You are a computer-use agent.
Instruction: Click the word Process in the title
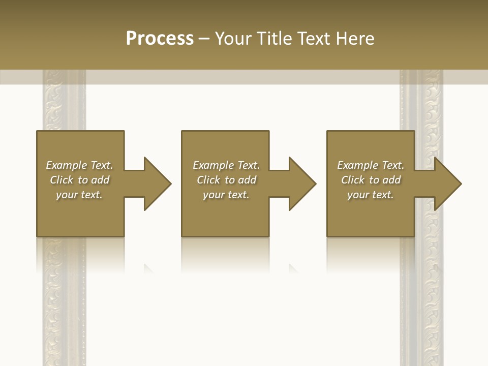(x=160, y=39)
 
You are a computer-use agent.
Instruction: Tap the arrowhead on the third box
(x=447, y=184)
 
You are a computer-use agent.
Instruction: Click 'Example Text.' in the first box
(x=79, y=165)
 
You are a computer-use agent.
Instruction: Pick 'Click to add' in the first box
(x=79, y=180)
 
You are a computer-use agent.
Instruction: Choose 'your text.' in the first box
(x=79, y=195)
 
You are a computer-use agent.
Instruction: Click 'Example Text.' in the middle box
(x=226, y=165)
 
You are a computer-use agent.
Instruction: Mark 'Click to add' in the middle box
(x=226, y=180)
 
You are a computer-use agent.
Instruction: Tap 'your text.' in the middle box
(x=226, y=195)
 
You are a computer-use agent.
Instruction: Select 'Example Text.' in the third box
(x=371, y=165)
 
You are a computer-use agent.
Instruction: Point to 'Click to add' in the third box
(x=371, y=180)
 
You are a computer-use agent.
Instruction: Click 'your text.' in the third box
(x=371, y=195)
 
